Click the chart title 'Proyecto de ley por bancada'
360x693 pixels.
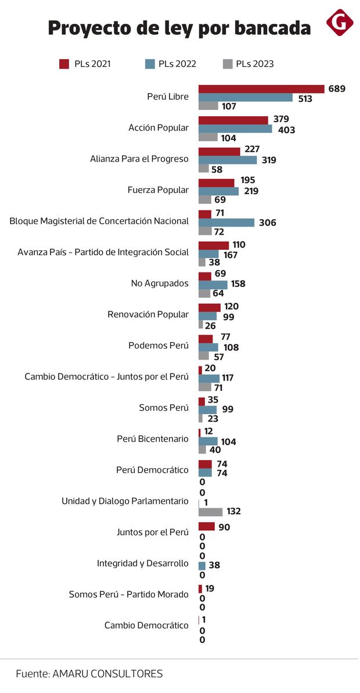[179, 27]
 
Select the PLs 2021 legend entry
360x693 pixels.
[85, 64]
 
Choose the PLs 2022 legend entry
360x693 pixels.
[170, 64]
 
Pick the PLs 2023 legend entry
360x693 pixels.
[247, 64]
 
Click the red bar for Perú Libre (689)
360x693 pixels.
[261, 89]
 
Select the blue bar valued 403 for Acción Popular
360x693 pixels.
[235, 130]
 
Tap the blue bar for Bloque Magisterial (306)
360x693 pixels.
[226, 222]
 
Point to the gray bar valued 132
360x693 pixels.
[210, 512]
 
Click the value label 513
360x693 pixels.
[305, 99]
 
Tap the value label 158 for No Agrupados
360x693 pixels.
[238, 284]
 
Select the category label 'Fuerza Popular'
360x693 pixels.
[158, 190]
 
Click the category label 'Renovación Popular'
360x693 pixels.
[148, 314]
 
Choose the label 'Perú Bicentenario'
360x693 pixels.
[153, 439]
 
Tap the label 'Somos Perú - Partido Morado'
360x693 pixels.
[128, 594]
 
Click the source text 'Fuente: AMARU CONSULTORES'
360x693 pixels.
[89, 674]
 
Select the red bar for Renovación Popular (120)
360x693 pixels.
[210, 307]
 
